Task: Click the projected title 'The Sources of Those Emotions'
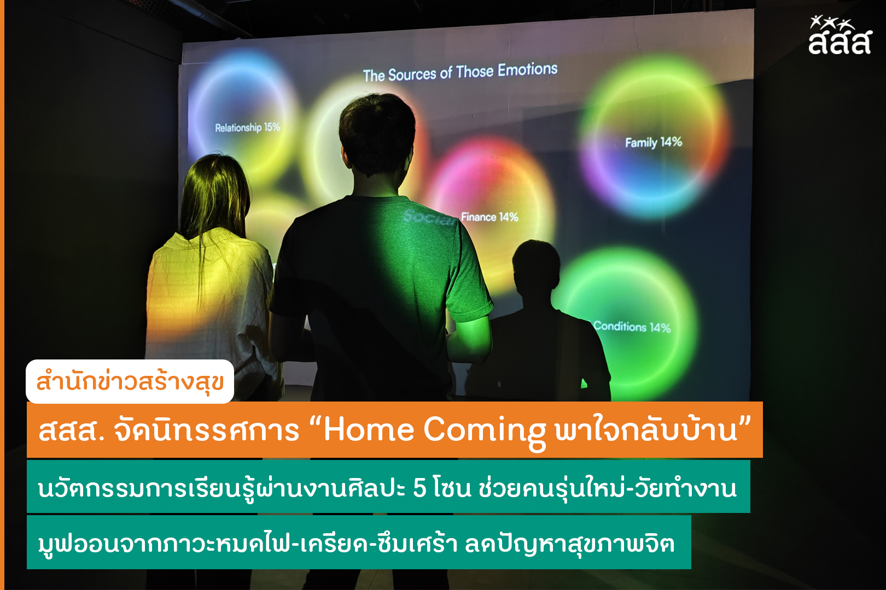click(x=460, y=72)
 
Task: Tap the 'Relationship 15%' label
click(x=248, y=127)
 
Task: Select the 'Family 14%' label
click(x=654, y=142)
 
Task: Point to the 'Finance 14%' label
click(x=489, y=217)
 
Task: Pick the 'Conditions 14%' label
click(x=632, y=327)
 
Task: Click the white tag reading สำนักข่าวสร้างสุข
click(x=130, y=381)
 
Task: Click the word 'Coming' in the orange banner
click(x=485, y=432)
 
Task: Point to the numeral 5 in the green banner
click(x=419, y=488)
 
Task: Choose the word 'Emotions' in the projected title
click(x=528, y=70)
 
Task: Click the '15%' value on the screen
click(x=272, y=127)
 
